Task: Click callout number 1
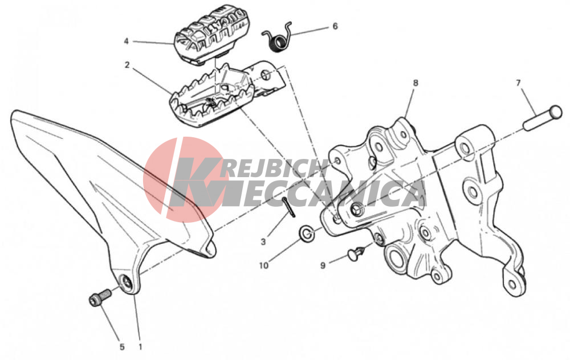[x=140, y=346]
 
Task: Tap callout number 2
[x=127, y=65]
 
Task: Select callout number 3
[x=263, y=242]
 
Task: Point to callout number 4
[x=126, y=42]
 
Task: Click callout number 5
[x=122, y=347]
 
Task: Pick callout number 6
[x=335, y=26]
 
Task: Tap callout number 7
[x=518, y=83]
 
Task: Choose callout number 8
[x=416, y=83]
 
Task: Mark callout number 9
[x=323, y=265]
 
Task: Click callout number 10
[x=264, y=265]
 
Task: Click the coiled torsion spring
[x=277, y=36]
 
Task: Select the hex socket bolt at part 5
[x=100, y=297]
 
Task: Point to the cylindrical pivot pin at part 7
[x=543, y=117]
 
